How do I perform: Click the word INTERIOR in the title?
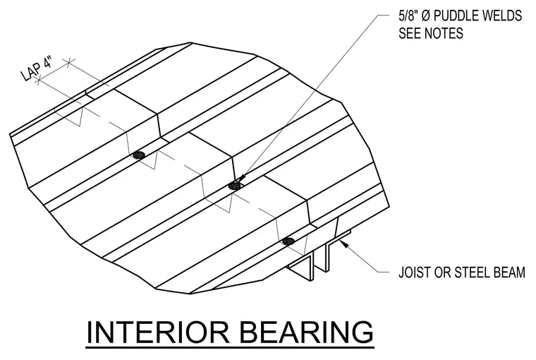tap(158, 332)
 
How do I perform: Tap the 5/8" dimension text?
tap(408, 16)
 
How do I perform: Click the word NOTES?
tap(444, 33)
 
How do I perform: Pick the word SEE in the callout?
tap(410, 33)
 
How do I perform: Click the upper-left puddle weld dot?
tap(139, 155)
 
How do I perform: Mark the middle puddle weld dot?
tap(235, 186)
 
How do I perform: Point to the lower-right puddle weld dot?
tap(289, 241)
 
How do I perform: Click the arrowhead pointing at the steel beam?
tap(343, 244)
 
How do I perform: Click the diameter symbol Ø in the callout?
tap(426, 16)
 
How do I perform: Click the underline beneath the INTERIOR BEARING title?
tap(230, 349)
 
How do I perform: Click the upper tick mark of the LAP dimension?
tap(69, 63)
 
